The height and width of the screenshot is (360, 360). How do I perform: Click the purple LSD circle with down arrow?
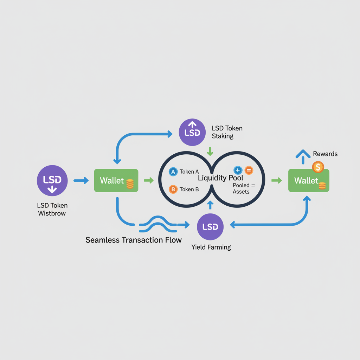[x=52, y=180]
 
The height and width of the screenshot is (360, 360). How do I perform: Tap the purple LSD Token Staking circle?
[x=192, y=132]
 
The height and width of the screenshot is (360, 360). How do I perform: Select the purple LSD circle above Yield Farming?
[x=211, y=227]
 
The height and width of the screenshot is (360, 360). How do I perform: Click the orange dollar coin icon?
[x=318, y=167]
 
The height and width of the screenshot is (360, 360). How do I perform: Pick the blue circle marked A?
[x=173, y=172]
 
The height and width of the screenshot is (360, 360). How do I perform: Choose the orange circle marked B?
[x=173, y=189]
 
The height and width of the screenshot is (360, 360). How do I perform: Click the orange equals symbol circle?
[x=249, y=170]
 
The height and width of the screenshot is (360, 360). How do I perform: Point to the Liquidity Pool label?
[x=220, y=178]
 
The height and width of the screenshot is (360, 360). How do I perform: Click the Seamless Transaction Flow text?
[x=134, y=240]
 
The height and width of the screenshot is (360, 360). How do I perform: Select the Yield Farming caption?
[x=211, y=247]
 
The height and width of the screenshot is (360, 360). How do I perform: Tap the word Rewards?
[x=325, y=154]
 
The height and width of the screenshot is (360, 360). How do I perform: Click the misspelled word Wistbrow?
[x=52, y=213]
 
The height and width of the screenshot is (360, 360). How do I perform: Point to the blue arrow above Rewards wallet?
[x=303, y=156]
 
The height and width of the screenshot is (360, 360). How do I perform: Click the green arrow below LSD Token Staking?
[x=210, y=152]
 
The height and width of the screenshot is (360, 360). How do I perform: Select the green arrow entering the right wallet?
[x=277, y=180]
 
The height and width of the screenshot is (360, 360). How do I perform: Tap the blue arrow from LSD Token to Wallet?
[x=81, y=180]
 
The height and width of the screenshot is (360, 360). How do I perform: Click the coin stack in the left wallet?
[x=130, y=184]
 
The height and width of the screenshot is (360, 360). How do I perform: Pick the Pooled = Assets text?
[x=241, y=188]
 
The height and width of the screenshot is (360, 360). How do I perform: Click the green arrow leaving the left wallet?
[x=149, y=180]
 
